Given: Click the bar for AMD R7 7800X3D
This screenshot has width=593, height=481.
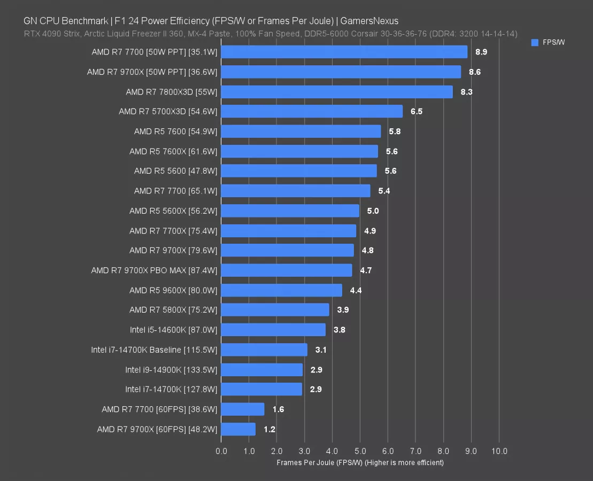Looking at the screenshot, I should pos(336,92).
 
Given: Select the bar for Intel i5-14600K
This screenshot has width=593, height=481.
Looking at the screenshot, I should pos(273,330).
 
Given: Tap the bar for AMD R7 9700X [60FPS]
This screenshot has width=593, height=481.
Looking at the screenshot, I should pos(238,429).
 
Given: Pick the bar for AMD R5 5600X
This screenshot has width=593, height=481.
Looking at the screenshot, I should pos(290,211).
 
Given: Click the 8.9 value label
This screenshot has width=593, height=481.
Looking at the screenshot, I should pos(481,52).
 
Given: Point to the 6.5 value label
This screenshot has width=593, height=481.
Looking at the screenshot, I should pos(417,112).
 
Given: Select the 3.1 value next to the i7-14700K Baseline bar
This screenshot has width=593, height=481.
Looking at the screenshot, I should pos(321,350).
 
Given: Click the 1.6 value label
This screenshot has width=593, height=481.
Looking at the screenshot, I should pos(278,409).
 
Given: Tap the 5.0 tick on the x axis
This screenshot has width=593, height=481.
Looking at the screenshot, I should pos(360,451).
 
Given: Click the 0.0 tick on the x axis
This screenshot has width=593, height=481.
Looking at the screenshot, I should pos(221,451).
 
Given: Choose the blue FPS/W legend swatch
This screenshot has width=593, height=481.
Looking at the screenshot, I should pos(535,43).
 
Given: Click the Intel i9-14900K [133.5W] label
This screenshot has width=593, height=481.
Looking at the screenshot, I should pos(171,370).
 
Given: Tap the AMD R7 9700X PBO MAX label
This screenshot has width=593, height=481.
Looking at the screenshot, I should pos(154,270).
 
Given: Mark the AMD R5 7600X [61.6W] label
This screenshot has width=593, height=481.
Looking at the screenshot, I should pos(173,152).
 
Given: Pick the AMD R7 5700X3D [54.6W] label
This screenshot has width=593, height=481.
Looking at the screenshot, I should pos(168,112).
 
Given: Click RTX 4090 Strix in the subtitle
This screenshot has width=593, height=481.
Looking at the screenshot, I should pos(48,34).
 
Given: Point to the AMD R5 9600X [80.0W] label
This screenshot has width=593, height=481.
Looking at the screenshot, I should pos(173,290).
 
